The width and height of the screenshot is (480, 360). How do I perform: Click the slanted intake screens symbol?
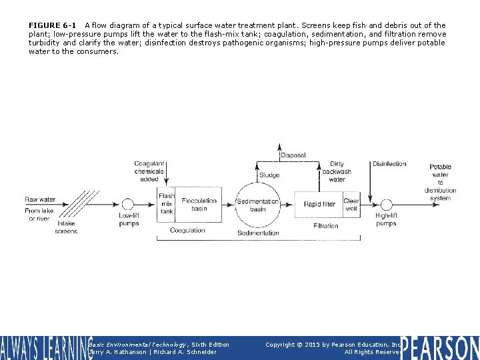[79, 204]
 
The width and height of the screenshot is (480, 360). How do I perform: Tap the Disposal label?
[293, 155]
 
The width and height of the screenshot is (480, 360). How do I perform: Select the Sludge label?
[269, 175]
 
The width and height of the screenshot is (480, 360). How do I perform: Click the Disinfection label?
[389, 164]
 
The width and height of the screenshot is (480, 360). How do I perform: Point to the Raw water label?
[40, 199]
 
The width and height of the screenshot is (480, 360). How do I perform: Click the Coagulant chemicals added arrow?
[166, 173]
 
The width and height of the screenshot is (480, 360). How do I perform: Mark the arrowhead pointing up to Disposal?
[279, 147]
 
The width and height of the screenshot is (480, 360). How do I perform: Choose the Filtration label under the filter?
[326, 226]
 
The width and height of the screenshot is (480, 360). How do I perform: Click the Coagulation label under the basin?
[187, 230]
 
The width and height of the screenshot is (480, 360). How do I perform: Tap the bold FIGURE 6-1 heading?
[52, 25]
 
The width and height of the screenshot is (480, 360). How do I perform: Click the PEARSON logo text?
[440, 348]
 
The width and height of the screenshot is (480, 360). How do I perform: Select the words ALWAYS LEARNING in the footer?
[47, 348]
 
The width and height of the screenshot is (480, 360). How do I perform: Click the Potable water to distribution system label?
[440, 183]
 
